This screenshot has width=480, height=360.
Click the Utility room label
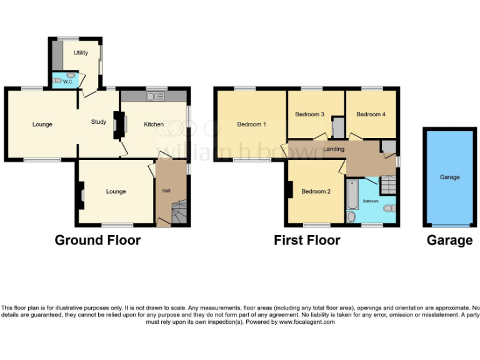81,53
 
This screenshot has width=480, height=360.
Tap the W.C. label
68,82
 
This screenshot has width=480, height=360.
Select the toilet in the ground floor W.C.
57,81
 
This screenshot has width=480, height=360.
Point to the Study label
98,122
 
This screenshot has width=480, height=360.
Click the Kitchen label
154,124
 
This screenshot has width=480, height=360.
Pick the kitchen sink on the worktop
155,96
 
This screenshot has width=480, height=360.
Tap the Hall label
166,191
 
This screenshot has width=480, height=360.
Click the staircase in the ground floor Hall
179,212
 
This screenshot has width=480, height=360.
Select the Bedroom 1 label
251,124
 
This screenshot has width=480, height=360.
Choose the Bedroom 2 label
316,191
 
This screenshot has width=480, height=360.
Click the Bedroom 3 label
309,114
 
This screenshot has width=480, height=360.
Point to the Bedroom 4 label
371,114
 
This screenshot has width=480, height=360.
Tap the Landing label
334,149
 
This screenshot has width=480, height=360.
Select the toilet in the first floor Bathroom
389,208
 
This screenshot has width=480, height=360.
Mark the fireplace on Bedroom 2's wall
291,189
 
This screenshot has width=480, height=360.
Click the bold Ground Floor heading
97,240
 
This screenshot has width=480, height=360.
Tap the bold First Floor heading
307,240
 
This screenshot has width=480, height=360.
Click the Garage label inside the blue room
449,177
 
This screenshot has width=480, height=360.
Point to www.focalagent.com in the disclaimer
307,322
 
